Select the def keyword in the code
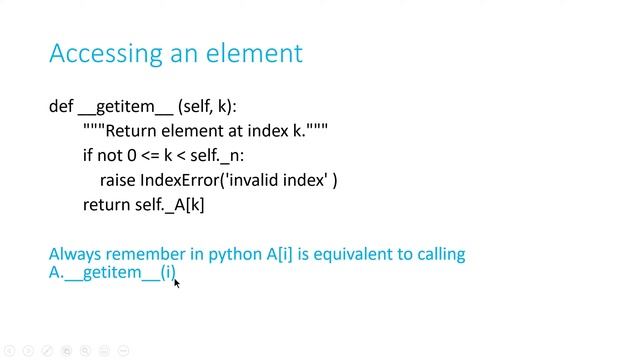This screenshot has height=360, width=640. (x=61, y=106)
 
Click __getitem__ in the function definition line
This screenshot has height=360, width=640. (x=125, y=106)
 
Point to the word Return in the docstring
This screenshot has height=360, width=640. (x=130, y=131)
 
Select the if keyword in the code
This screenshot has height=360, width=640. (x=89, y=156)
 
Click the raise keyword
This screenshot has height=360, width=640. (x=118, y=180)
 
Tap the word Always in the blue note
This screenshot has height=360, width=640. (x=75, y=254)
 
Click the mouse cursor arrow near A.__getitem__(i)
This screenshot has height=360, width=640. (x=177, y=283)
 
